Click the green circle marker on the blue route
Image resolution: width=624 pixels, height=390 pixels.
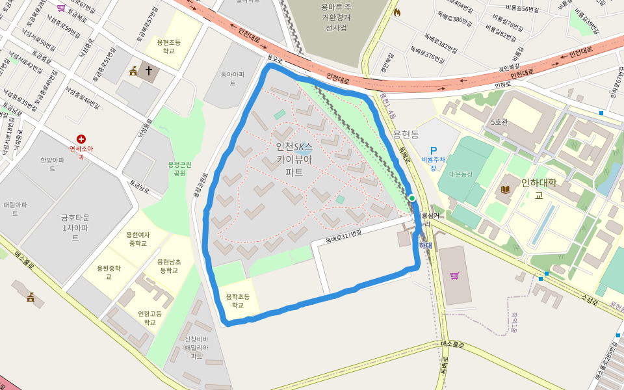412,198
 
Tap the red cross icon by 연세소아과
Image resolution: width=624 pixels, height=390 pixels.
81,138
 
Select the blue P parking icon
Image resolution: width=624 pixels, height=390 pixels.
434,150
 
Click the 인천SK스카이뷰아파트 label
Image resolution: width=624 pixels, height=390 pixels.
294,159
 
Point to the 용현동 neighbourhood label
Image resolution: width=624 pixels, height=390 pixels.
406,134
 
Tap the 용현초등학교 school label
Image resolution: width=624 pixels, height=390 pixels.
169,45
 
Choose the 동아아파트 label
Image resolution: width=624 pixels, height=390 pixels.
232,79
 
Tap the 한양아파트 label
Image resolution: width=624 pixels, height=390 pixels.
52,164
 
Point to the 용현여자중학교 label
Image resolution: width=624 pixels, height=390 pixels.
138,239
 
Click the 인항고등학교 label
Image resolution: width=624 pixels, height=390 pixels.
150,318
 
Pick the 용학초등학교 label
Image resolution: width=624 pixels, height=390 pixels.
238,300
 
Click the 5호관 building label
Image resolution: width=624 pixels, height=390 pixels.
499,122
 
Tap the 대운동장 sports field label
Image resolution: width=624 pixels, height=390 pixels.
461,174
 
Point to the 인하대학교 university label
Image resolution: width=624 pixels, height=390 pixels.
539,188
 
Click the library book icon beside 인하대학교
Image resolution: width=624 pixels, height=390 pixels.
506,189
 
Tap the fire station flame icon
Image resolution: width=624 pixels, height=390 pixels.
397,12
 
